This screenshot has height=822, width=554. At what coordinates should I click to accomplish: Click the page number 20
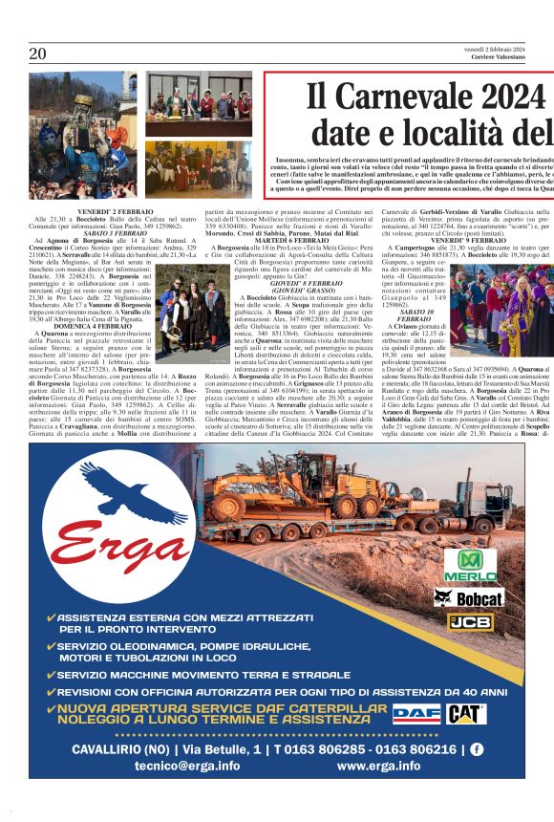point(37,53)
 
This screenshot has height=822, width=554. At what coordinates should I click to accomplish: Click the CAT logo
point(466,714)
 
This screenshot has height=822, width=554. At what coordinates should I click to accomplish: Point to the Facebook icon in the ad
point(475,749)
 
